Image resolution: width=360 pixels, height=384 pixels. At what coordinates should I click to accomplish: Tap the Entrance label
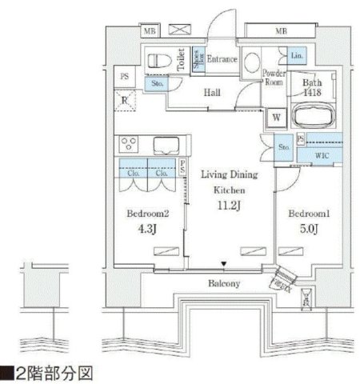(x=220, y=59)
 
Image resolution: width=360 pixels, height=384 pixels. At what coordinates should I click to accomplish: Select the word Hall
(x=212, y=93)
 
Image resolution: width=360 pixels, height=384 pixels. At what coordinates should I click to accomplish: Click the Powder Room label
(x=275, y=76)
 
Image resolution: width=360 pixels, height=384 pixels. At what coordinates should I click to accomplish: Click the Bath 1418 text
(x=313, y=89)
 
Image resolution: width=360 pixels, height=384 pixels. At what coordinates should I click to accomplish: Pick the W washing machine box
(x=274, y=117)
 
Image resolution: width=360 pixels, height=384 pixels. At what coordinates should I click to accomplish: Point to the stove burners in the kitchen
(x=130, y=145)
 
